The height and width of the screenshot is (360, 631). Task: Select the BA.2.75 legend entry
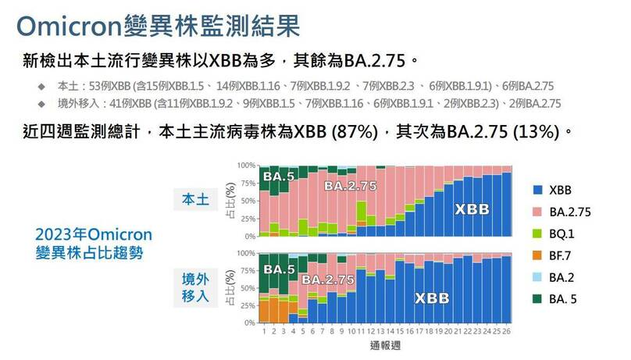pos(569,212)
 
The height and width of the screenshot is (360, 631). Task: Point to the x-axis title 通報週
pos(387,344)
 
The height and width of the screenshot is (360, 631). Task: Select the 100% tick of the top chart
pos(246,166)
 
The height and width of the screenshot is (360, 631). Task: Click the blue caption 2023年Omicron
pos(94,235)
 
